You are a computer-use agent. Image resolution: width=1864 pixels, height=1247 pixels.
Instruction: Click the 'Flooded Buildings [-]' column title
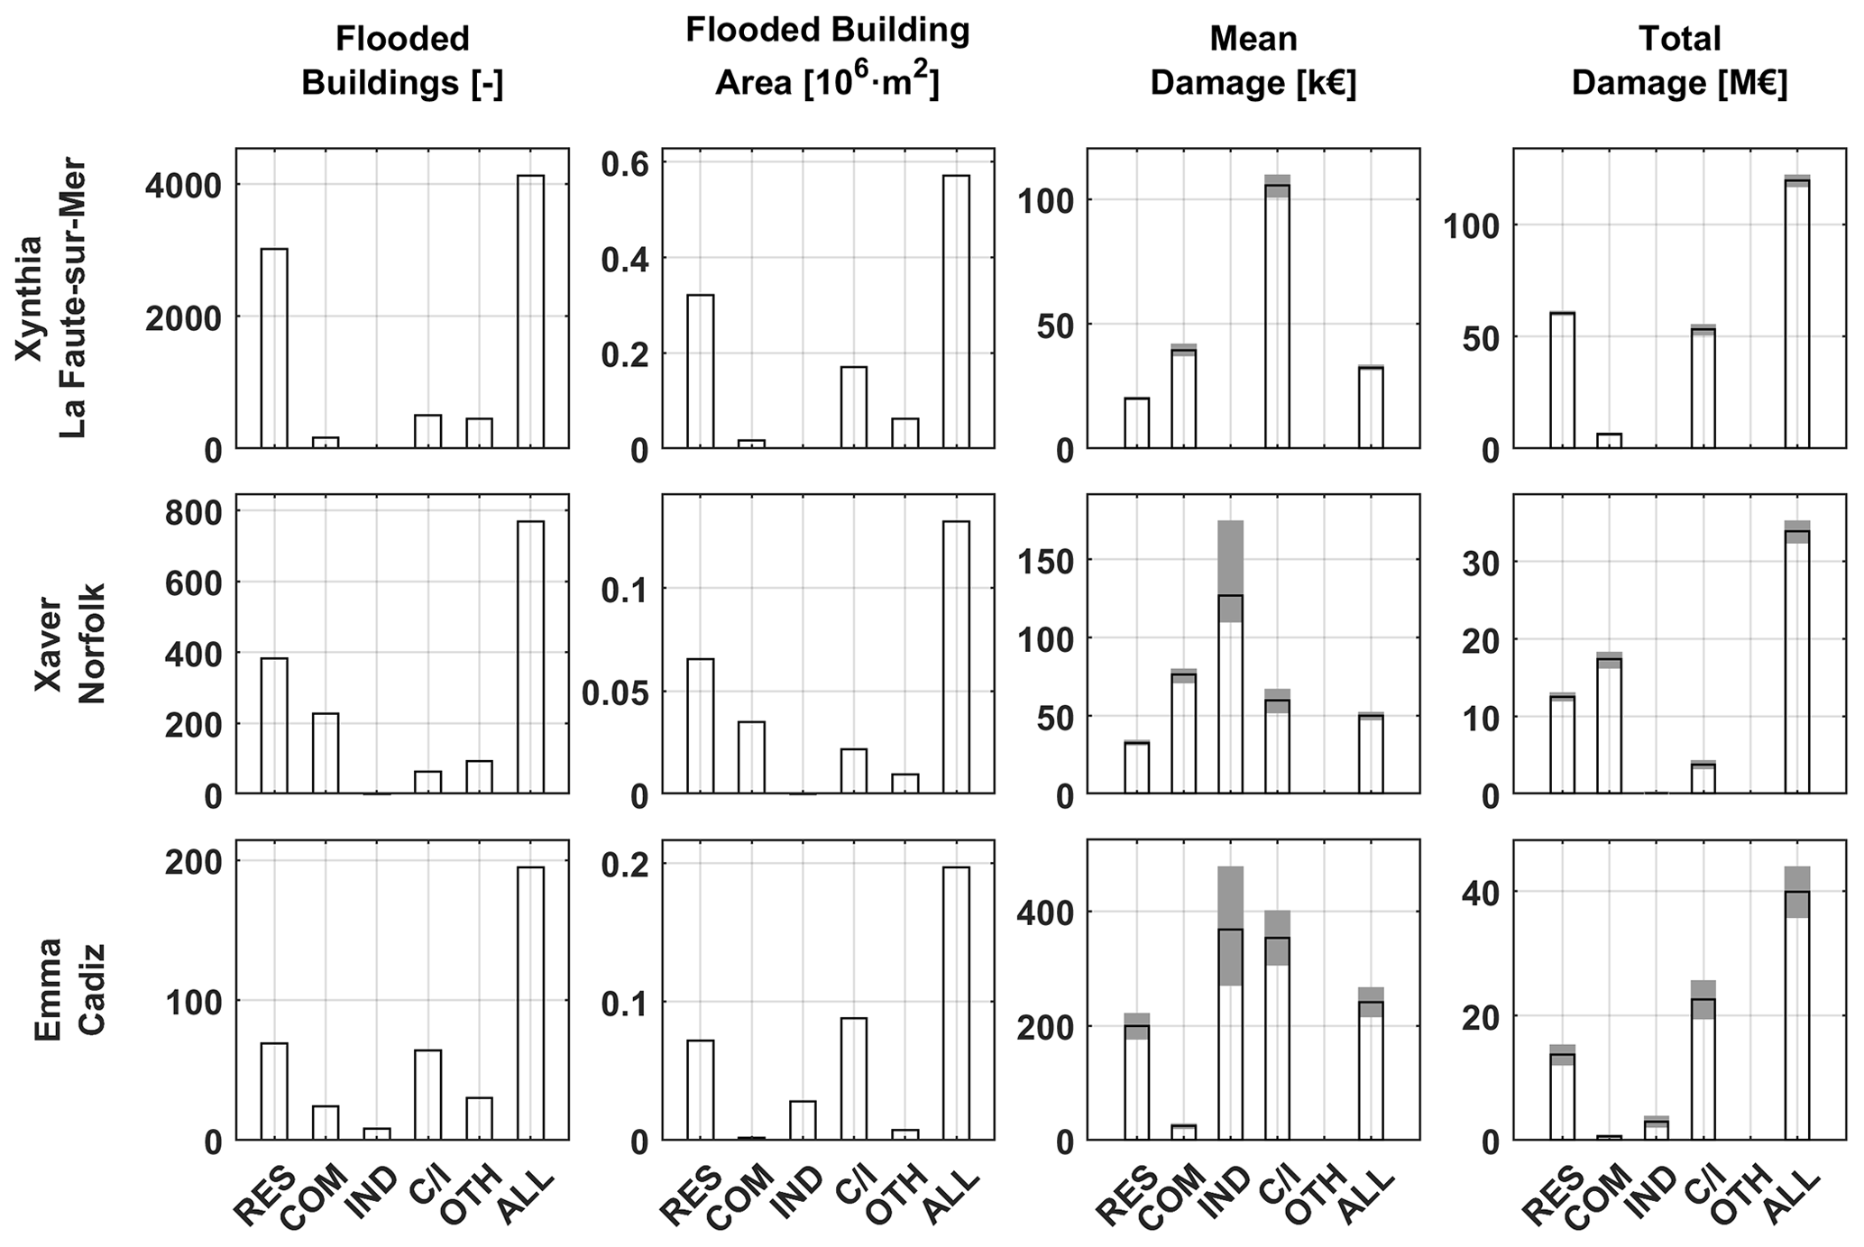(402, 60)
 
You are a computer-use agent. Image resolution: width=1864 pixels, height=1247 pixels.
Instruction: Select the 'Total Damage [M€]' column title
(1679, 60)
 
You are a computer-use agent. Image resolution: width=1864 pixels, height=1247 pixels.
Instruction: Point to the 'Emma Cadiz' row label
(69, 989)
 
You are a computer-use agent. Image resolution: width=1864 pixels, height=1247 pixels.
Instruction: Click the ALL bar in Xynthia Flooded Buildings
(531, 311)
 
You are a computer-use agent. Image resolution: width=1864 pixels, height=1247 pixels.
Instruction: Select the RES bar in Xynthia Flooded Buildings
(274, 348)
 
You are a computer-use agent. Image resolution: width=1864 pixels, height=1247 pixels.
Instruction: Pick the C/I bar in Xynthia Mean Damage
(1277, 316)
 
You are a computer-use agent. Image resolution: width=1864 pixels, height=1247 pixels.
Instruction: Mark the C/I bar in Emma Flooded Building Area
(854, 1078)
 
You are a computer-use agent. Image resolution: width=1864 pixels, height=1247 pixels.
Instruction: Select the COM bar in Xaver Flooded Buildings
(326, 753)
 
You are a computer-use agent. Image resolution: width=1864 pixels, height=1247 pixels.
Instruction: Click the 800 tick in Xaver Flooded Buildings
(193, 512)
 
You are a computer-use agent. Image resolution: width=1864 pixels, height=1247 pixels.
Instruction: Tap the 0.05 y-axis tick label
(615, 693)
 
